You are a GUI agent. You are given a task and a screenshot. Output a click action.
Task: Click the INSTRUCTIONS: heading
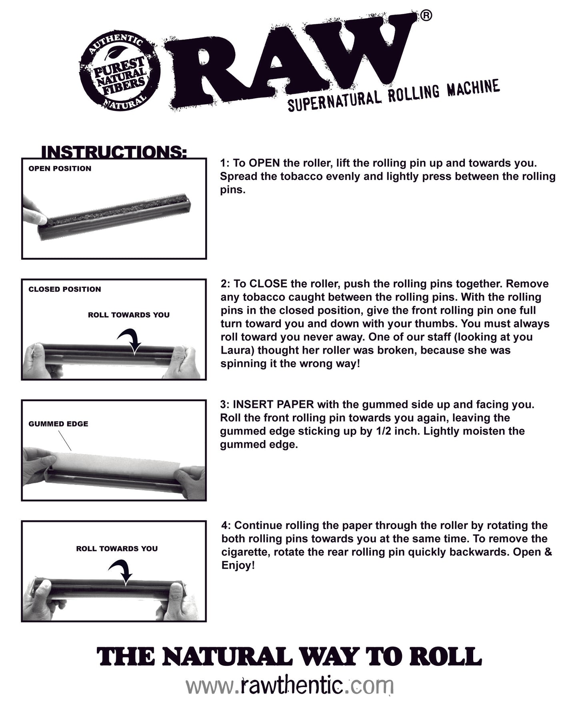tap(114, 152)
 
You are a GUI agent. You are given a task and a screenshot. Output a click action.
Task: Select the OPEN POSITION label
tap(60, 169)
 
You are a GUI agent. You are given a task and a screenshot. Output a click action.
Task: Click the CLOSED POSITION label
tap(64, 289)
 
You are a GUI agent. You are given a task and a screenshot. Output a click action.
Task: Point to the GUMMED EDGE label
tap(58, 424)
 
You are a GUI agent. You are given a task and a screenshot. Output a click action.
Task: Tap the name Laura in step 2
tap(234, 350)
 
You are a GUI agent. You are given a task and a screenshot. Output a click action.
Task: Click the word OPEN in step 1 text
tap(264, 163)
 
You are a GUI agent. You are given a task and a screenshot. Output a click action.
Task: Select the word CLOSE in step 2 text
tap(268, 284)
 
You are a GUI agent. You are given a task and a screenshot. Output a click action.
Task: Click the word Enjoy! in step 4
tap(238, 566)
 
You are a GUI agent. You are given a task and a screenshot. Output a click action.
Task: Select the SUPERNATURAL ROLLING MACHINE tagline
tap(394, 96)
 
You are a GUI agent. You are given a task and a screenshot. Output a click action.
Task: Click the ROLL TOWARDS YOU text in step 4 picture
tap(117, 549)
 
